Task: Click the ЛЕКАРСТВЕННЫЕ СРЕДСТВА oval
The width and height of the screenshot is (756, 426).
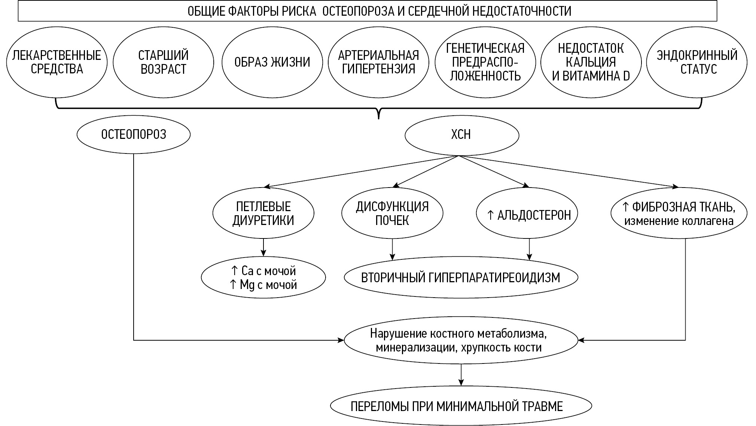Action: [x=57, y=62]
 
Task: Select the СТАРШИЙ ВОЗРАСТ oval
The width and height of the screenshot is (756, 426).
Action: [x=163, y=62]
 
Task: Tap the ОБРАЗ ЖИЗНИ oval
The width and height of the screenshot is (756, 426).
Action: [x=272, y=62]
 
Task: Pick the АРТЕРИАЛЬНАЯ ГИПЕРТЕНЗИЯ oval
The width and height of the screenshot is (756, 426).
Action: [x=378, y=62]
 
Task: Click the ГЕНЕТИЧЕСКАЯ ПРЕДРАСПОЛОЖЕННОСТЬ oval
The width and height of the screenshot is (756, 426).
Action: [x=485, y=62]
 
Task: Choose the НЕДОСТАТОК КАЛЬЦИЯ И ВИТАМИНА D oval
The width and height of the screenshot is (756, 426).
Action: [x=591, y=62]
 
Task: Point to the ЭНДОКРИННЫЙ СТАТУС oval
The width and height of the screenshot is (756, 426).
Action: [x=697, y=62]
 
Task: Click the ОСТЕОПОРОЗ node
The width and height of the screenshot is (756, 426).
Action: [x=134, y=134]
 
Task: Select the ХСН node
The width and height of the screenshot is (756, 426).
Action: [x=461, y=135]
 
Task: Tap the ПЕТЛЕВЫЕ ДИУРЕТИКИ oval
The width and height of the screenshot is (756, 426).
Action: [x=263, y=213]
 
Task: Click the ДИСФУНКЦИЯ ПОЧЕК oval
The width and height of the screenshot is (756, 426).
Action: [x=392, y=213]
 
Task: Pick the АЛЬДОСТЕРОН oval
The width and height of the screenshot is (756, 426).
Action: [x=528, y=214]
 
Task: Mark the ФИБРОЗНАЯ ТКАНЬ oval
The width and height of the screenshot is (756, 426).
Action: [x=679, y=214]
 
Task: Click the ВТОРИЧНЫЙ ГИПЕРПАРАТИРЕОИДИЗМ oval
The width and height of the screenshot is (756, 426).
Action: [x=461, y=277]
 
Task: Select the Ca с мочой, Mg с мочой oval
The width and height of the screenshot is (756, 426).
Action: [x=263, y=277]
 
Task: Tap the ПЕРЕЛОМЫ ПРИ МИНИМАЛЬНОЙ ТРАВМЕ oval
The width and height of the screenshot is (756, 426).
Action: [x=461, y=406]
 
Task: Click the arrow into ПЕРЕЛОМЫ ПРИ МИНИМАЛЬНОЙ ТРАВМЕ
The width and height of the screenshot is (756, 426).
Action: [x=461, y=375]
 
